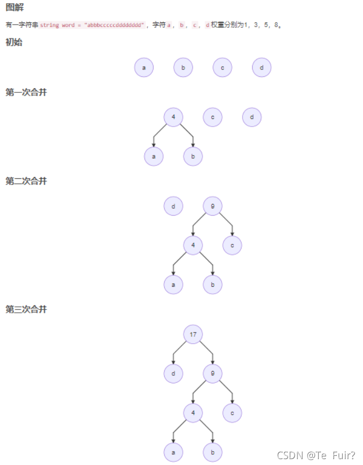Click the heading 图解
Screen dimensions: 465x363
click(x=14, y=7)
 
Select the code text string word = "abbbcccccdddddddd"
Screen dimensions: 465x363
click(x=92, y=25)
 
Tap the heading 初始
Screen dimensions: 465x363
click(x=14, y=43)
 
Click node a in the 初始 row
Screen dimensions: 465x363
click(x=144, y=68)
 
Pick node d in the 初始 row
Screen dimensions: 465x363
click(x=262, y=68)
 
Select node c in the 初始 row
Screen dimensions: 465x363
click(x=222, y=68)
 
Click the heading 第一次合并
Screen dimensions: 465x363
click(x=26, y=92)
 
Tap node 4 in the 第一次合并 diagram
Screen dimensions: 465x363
click(x=173, y=117)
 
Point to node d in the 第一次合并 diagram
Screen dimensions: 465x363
click(x=252, y=117)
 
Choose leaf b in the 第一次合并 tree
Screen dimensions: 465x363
click(x=193, y=156)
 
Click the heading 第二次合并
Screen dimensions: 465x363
click(x=26, y=181)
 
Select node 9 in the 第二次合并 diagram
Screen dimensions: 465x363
click(x=213, y=206)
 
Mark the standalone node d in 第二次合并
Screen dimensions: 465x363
click(x=173, y=206)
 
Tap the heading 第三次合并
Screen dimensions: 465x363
click(x=26, y=309)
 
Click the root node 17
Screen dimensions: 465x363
click(x=193, y=334)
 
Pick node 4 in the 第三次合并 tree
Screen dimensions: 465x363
click(x=193, y=413)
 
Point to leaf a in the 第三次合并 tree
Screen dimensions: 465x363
click(x=173, y=452)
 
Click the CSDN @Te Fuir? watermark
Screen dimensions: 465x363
click(x=316, y=455)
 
